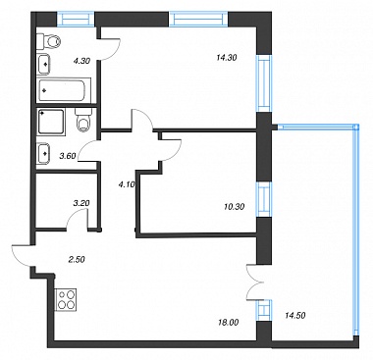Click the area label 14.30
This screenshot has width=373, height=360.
point(227,58)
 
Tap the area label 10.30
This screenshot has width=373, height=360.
point(235,207)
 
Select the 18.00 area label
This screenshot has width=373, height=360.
point(229,323)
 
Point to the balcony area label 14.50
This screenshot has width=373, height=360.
point(295,316)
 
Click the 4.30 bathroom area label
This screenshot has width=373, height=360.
point(81,61)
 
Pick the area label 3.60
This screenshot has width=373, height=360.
point(67,156)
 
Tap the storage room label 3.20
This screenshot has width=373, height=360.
point(81,203)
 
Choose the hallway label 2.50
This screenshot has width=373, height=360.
point(77,260)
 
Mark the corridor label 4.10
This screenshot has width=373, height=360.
point(127,184)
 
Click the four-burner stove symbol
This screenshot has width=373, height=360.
point(66,300)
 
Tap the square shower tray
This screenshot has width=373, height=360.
point(51,122)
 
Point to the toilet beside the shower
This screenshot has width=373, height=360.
point(83,121)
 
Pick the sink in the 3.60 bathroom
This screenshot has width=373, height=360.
point(43,153)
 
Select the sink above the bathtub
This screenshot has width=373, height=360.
point(44,64)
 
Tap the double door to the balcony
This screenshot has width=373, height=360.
point(253,282)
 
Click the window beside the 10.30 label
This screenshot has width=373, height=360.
point(264,199)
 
